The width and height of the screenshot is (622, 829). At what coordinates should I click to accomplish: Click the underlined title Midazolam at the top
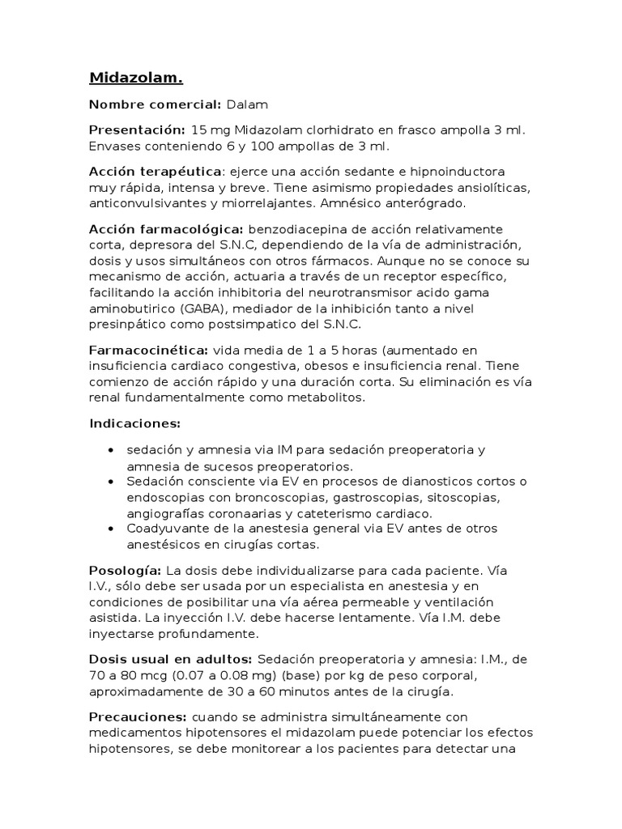click(x=135, y=78)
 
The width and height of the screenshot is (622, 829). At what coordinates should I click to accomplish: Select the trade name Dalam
click(x=247, y=104)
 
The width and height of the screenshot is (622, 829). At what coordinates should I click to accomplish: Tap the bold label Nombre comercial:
click(x=155, y=104)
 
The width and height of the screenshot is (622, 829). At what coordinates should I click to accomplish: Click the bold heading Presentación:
click(x=137, y=130)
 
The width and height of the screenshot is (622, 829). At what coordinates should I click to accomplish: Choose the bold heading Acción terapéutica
click(x=155, y=172)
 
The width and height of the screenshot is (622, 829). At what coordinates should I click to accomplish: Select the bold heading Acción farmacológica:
click(x=166, y=229)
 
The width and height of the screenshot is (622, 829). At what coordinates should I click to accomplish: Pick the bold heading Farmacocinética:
click(x=148, y=351)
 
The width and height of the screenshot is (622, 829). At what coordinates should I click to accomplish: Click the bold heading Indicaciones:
click(x=134, y=423)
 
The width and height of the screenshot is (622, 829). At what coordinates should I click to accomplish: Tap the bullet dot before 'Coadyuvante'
click(x=110, y=529)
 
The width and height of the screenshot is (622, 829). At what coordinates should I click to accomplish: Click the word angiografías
click(x=168, y=513)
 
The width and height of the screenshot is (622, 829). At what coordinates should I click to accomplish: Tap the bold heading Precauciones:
click(x=138, y=717)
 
